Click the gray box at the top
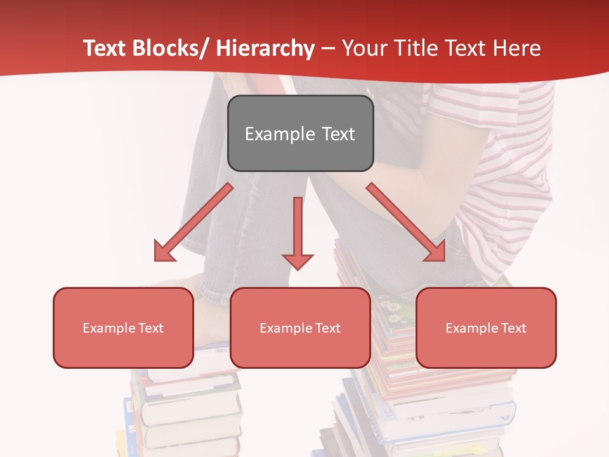[300, 133]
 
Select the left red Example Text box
[123, 328]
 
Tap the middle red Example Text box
[300, 328]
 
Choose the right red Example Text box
[486, 328]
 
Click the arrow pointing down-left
[193, 222]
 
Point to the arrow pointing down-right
[406, 222]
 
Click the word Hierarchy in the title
[265, 48]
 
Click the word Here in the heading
[517, 48]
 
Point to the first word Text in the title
[105, 48]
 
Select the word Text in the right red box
[513, 328]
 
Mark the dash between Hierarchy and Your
[328, 49]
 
